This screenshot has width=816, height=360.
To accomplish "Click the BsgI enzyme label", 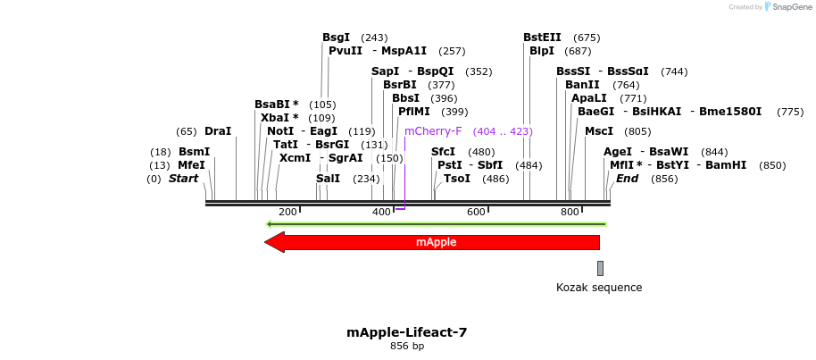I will (337, 38).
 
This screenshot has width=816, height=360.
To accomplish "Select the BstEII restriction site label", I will (542, 38).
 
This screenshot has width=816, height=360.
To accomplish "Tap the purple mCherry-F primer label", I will (433, 131).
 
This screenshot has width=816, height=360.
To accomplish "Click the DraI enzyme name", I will (218, 131).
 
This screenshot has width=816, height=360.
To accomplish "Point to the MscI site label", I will (598, 131).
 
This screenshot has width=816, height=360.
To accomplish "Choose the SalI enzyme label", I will (328, 179).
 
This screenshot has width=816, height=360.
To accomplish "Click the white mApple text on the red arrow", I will (437, 242).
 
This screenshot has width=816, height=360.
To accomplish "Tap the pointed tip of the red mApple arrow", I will (267, 242).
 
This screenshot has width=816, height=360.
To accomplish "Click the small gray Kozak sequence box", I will (600, 268).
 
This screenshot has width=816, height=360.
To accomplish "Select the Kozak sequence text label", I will (599, 288).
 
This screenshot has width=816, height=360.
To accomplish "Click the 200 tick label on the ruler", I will (287, 212).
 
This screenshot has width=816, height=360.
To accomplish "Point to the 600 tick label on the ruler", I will (476, 212).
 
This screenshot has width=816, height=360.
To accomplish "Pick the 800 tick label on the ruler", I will (570, 212).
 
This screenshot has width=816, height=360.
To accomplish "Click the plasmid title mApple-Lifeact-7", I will (406, 332).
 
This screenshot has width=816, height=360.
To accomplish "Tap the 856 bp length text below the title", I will (407, 347).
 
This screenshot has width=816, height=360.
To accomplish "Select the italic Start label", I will (183, 179).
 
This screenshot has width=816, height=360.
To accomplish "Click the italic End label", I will (627, 179).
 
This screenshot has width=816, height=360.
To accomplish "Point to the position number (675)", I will (587, 38).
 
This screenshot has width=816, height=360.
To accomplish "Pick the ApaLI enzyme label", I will (589, 98).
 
